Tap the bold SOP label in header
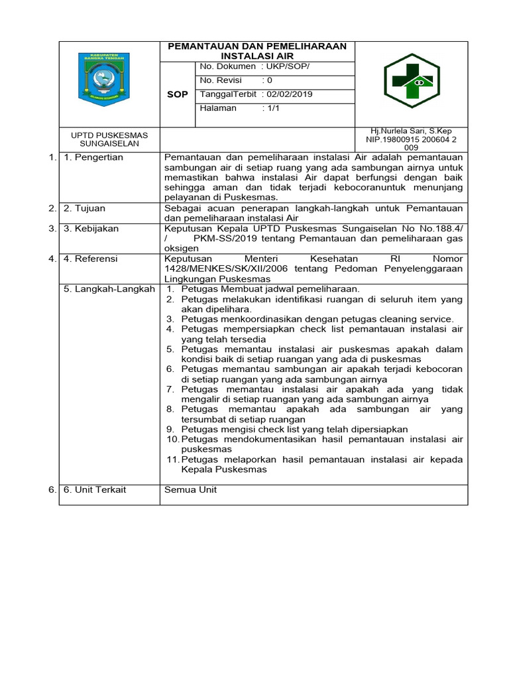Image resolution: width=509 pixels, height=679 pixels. (178, 94)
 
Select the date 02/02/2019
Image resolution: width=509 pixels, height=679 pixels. (289, 94)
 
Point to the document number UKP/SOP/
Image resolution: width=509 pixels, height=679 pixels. (288, 66)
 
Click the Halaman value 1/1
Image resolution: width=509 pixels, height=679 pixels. (272, 108)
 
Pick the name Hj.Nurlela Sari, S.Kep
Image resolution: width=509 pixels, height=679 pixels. (412, 131)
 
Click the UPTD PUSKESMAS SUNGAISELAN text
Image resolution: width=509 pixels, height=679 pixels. (109, 139)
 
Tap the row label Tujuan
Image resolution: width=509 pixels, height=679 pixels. (86, 208)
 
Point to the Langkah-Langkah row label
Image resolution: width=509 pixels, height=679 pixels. (109, 288)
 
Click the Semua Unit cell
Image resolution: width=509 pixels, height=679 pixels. (190, 489)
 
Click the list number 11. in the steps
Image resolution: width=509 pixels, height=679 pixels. (172, 460)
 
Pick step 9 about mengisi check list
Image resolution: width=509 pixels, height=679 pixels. (294, 429)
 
